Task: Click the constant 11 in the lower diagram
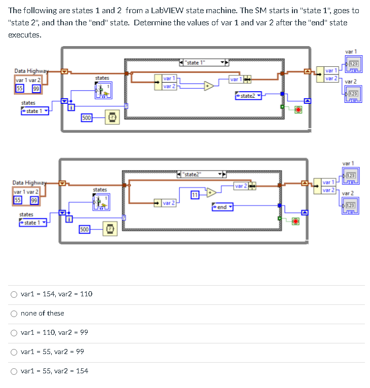[x=195, y=196]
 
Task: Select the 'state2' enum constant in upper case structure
[x=248, y=96]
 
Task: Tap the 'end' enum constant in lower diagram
[x=222, y=207]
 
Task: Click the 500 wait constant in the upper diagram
[x=87, y=118]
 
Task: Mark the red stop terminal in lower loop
[x=296, y=221]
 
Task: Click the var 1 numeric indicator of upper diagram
[x=354, y=64]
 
